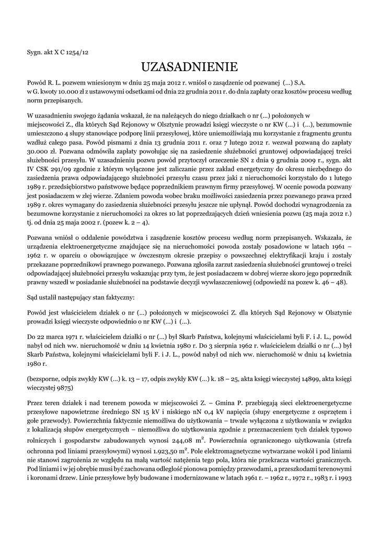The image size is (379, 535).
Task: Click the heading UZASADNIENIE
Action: [189, 67]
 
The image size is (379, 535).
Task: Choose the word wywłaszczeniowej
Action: [245, 282]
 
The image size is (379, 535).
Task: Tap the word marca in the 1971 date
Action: [54, 331]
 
